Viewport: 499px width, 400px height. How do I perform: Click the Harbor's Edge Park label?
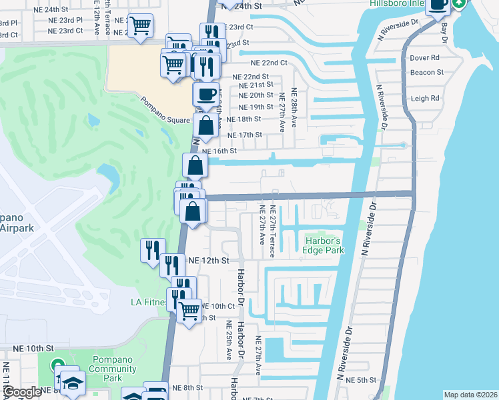pyautogui.click(x=324, y=245)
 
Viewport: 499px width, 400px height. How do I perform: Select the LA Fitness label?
pyautogui.click(x=147, y=302)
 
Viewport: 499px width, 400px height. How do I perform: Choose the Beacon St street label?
pyautogui.click(x=427, y=72)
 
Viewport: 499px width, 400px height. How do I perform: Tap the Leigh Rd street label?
pyautogui.click(x=426, y=98)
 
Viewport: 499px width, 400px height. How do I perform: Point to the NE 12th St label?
pyautogui.click(x=208, y=260)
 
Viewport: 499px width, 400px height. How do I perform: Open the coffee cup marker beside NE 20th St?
pyautogui.click(x=205, y=93)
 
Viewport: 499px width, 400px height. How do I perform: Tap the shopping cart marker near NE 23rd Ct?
pyautogui.click(x=141, y=26)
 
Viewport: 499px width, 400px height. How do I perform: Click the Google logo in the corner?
pyautogui.click(x=21, y=392)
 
